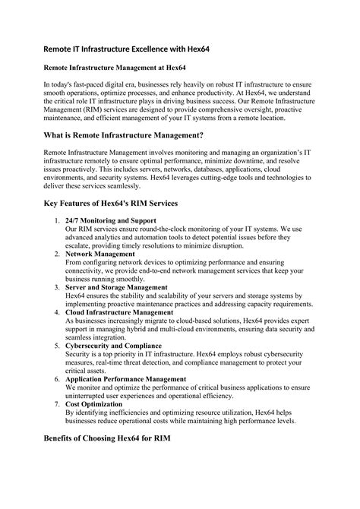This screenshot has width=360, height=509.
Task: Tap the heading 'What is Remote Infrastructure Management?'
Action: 133,135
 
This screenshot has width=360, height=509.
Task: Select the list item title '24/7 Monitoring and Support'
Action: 112,220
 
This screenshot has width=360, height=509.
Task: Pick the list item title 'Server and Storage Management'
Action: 116,288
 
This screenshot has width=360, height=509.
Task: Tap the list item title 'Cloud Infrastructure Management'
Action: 119,312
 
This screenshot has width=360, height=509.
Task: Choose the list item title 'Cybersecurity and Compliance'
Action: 113,346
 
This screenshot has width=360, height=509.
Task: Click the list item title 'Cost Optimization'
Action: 95,404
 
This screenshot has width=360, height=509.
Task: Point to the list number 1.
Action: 57,220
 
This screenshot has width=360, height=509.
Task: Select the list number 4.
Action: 57,312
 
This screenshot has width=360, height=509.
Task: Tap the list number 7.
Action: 57,404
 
